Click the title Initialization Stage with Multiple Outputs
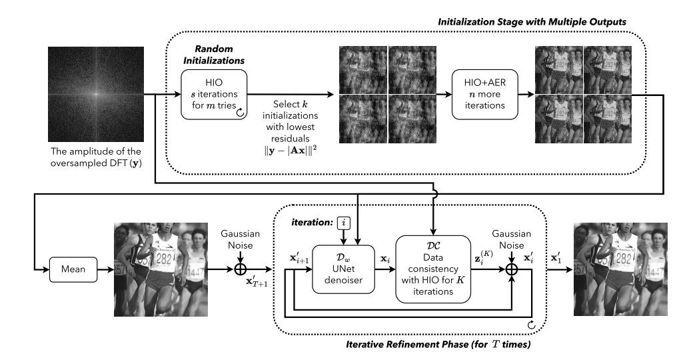(532, 22)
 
